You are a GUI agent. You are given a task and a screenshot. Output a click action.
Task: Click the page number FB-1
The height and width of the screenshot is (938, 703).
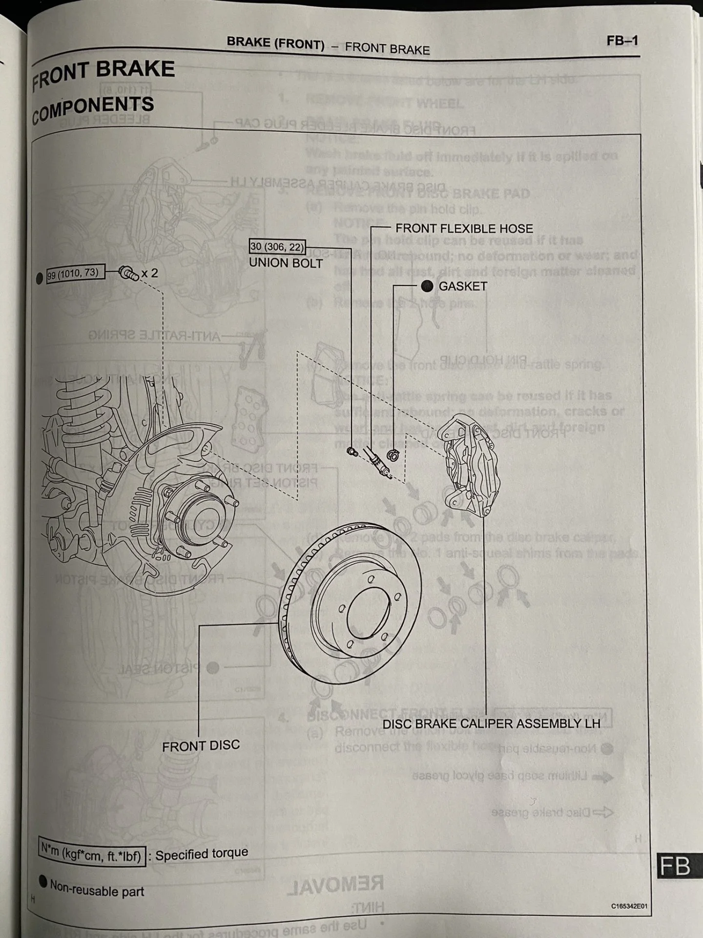[x=622, y=41]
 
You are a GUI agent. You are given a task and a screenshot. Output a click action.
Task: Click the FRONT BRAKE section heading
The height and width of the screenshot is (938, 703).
[x=103, y=73]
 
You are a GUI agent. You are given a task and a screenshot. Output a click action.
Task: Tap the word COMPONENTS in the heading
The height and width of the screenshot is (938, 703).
[x=93, y=109]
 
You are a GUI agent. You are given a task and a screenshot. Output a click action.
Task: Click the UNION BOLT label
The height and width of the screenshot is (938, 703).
[x=286, y=263]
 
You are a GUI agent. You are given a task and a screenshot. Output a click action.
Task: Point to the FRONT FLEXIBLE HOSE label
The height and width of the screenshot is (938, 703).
[x=464, y=228]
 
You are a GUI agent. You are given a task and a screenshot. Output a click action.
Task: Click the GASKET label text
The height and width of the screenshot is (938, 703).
[x=462, y=286]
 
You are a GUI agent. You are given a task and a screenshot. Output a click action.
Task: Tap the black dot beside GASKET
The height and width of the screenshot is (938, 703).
[x=427, y=286]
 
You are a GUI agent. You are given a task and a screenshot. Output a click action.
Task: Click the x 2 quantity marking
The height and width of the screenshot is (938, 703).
[x=149, y=273]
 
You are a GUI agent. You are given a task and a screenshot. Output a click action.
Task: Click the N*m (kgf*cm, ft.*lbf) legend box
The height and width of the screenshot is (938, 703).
[x=92, y=853]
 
